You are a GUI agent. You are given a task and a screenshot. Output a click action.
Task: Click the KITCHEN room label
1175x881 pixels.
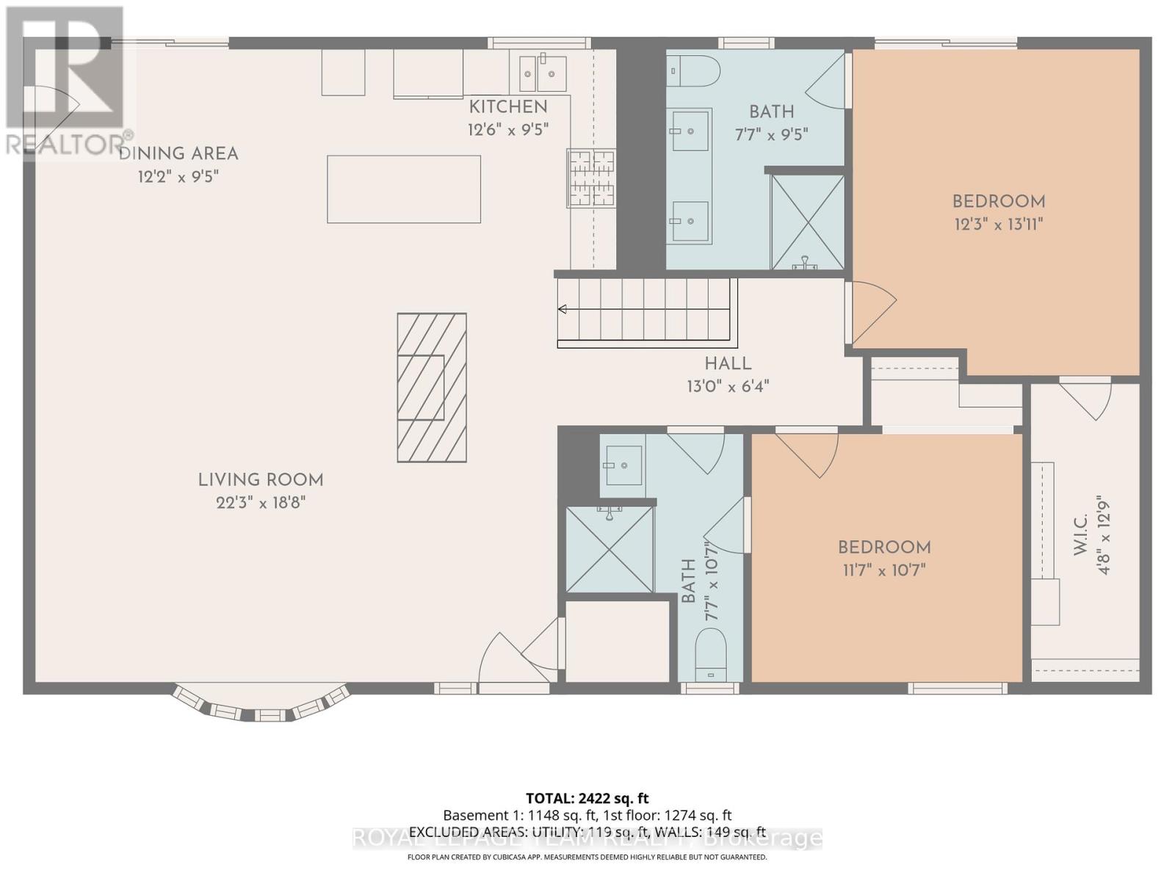(508, 106)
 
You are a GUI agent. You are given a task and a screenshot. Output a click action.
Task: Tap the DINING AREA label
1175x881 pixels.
(178, 153)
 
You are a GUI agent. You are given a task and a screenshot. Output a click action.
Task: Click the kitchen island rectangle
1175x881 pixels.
(404, 189)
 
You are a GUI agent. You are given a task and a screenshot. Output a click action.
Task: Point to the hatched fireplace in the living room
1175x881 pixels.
(432, 388)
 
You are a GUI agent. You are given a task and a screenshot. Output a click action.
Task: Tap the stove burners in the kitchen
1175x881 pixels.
(590, 177)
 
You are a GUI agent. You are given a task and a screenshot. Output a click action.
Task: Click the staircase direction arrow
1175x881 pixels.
(563, 309)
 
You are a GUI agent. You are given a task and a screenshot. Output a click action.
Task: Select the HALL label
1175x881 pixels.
(728, 363)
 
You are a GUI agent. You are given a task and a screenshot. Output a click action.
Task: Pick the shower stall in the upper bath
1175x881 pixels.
(807, 222)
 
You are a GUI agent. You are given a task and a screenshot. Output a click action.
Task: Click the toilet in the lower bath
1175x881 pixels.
(710, 655)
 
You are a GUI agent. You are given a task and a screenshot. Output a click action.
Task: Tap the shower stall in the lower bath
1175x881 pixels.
(610, 549)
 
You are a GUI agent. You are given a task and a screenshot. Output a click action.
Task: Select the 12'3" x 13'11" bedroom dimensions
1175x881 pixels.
(999, 224)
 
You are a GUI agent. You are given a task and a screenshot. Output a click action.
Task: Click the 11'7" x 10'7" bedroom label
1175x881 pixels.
(884, 548)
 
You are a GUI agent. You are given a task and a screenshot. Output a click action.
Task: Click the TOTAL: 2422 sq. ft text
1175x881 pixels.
(587, 798)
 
